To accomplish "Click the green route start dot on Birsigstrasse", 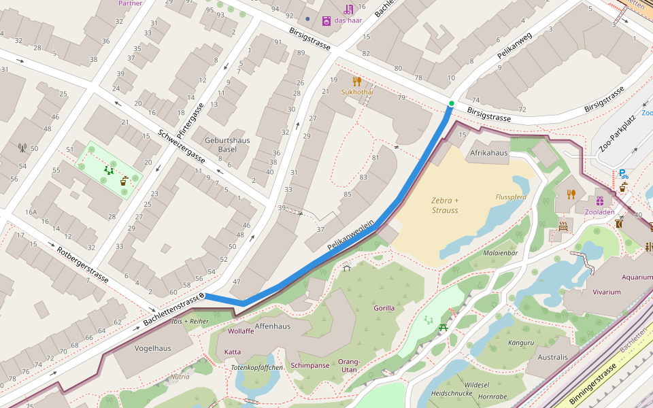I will tap(451, 103).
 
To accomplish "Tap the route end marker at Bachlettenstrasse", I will tap(202, 296).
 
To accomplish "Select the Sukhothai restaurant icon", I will tap(357, 82).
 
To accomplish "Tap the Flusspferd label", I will tap(511, 197).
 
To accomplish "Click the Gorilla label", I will tap(384, 308).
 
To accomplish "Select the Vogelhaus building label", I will tap(153, 348).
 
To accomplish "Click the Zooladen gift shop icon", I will tap(599, 201).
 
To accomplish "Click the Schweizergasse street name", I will tap(181, 146).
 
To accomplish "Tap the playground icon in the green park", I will tap(108, 170).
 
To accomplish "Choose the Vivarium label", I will tap(606, 292).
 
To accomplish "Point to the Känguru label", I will tap(520, 343).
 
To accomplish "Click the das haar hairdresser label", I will tap(348, 20).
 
